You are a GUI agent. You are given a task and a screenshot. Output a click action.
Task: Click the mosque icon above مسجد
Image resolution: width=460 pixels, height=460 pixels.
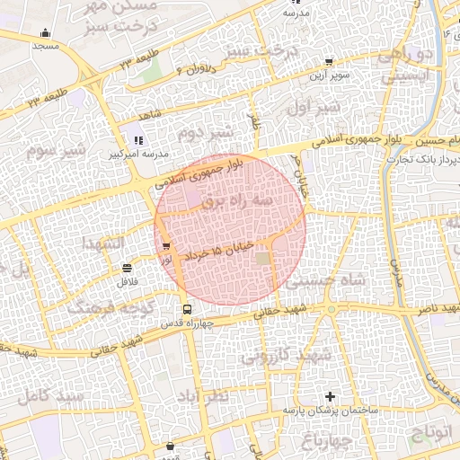45,33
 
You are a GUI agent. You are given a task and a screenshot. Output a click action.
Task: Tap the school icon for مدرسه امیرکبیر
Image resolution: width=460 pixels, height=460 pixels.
137,140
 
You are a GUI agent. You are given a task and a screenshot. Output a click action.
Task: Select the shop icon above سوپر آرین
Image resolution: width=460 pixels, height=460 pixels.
328,63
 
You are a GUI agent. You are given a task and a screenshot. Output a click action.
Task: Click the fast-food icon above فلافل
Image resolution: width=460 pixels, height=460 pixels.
127,268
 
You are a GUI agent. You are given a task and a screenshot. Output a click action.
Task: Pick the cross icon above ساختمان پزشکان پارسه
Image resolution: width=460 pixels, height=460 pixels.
330,396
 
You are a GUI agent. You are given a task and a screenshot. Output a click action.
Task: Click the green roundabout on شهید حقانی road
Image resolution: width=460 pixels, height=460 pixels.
331,310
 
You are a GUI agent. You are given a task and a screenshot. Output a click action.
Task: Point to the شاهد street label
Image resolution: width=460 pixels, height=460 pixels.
148,116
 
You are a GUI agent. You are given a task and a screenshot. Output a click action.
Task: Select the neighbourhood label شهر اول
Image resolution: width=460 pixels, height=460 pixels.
314,107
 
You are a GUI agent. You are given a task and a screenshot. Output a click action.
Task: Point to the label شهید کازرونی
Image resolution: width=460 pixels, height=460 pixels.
286,356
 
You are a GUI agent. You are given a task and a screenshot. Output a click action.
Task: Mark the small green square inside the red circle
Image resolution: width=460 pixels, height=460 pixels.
262,259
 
